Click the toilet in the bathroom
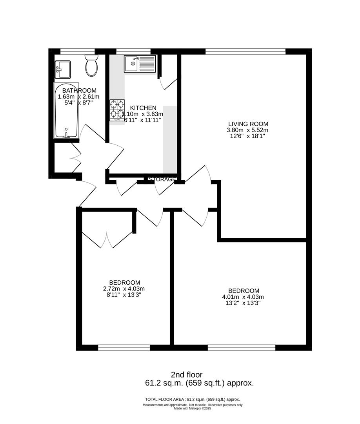(x=92, y=66)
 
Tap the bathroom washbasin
(x=62, y=69)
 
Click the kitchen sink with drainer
(x=140, y=64)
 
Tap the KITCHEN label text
(x=143, y=108)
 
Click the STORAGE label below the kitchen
(x=162, y=179)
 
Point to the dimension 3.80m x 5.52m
(x=247, y=130)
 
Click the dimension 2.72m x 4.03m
(x=125, y=289)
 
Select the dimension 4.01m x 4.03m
(x=243, y=297)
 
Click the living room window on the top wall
(x=245, y=51)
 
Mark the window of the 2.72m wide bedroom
(x=124, y=347)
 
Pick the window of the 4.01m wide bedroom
(x=242, y=347)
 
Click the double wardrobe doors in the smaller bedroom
(x=107, y=239)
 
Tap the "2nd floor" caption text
(x=187, y=375)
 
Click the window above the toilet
(x=78, y=51)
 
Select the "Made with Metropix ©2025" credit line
(x=193, y=408)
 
